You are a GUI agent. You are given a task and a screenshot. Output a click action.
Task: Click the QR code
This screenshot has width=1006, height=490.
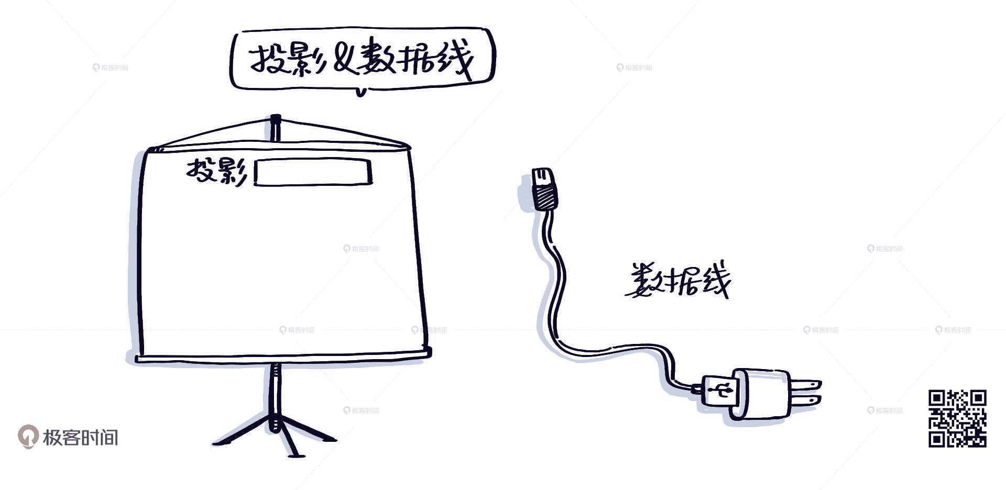pyautogui.click(x=957, y=418)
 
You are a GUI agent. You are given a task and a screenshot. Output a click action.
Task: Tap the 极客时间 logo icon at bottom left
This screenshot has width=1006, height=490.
pyautogui.click(x=27, y=437)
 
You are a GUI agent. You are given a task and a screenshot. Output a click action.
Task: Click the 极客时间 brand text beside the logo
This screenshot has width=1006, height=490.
pyautogui.click(x=81, y=437)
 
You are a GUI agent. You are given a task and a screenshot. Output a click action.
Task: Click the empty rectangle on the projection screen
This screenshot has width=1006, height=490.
pyautogui.click(x=313, y=172)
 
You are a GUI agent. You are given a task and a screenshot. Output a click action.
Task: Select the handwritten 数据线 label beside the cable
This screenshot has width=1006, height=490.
pyautogui.click(x=678, y=281)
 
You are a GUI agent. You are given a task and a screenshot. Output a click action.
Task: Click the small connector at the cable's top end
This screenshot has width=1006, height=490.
pyautogui.click(x=542, y=177)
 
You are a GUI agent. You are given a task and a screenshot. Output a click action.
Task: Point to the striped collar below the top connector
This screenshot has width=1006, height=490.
pyautogui.click(x=545, y=198)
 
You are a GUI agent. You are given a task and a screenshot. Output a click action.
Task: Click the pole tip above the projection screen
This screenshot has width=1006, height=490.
pyautogui.click(x=276, y=126)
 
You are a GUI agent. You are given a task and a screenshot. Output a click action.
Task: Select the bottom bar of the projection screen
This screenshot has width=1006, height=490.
pyautogui.click(x=283, y=358)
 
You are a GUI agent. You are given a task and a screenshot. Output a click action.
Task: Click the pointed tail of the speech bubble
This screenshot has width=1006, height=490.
pyautogui.click(x=360, y=92)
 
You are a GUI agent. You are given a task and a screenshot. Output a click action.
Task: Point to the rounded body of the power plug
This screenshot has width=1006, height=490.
pyautogui.click(x=762, y=394)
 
